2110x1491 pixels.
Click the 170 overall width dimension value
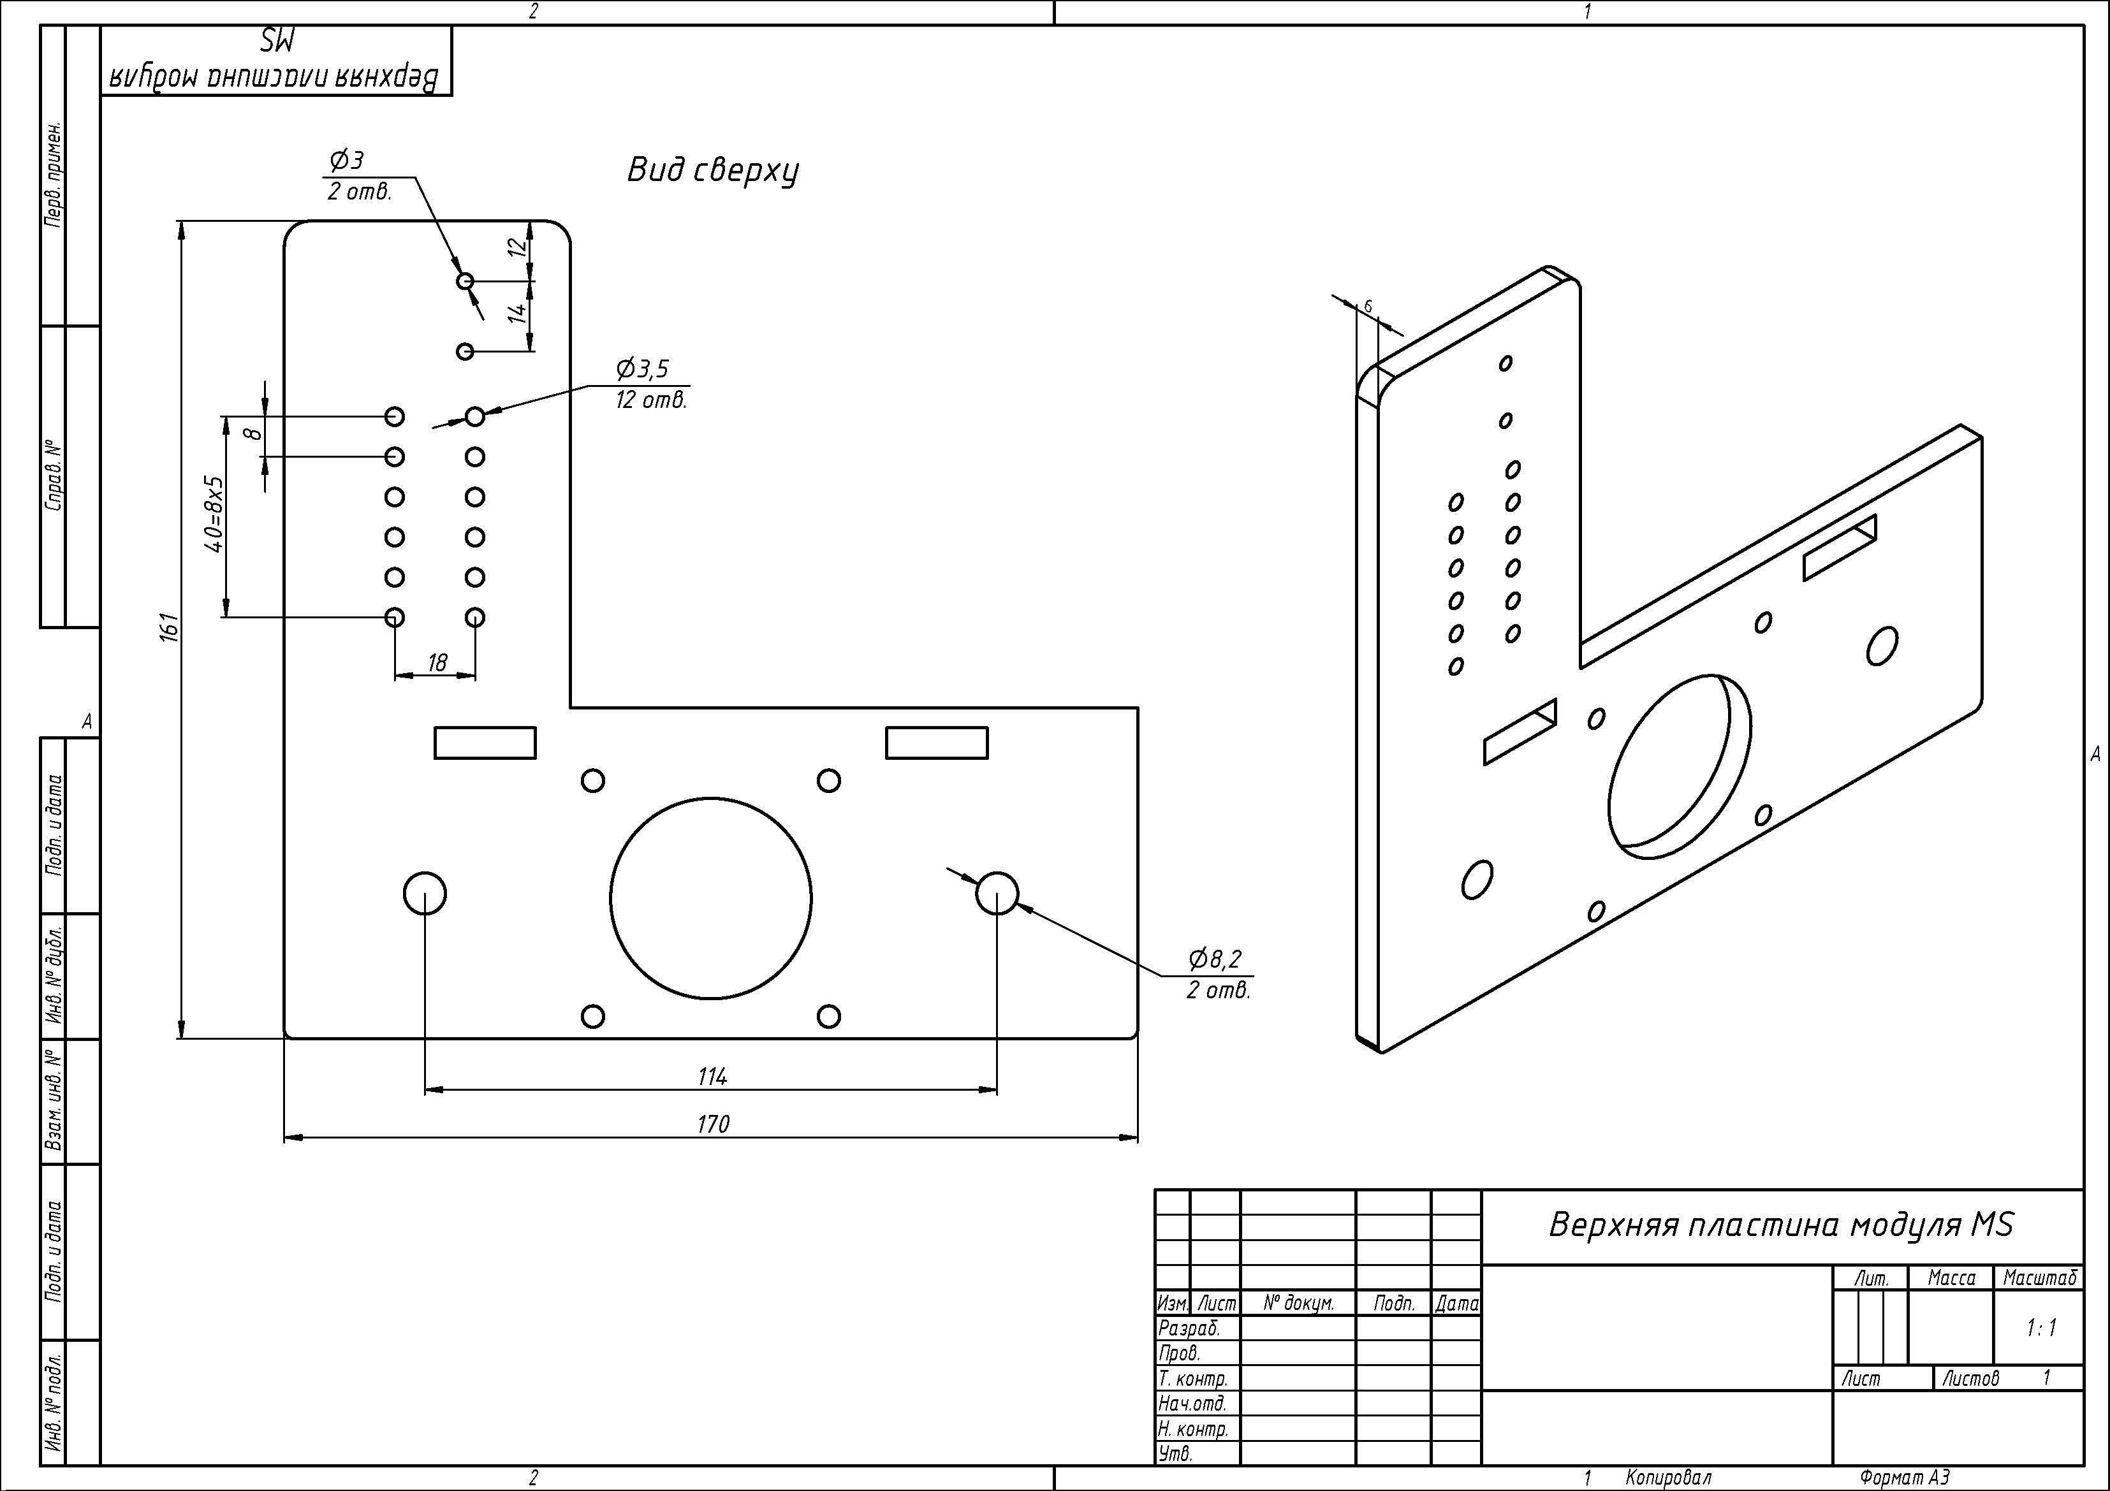pyautogui.click(x=713, y=1124)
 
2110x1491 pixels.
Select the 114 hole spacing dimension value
pyautogui.click(x=713, y=1076)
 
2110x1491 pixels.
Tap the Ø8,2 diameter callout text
pyautogui.click(x=1215, y=959)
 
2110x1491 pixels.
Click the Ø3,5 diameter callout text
pyautogui.click(x=642, y=368)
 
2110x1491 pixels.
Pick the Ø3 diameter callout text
pyautogui.click(x=346, y=161)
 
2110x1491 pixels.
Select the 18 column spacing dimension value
pyautogui.click(x=437, y=662)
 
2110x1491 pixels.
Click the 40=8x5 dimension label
pyautogui.click(x=213, y=514)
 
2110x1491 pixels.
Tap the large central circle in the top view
pyautogui.click(x=610, y=898)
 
